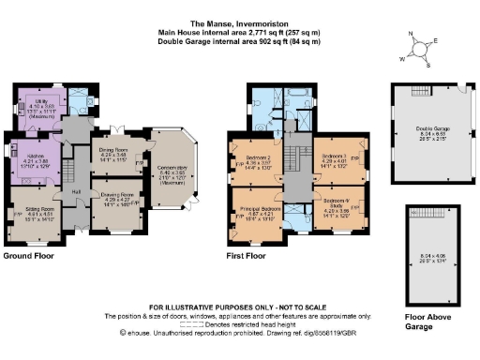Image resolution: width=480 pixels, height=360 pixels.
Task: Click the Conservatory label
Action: click(x=173, y=168)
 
